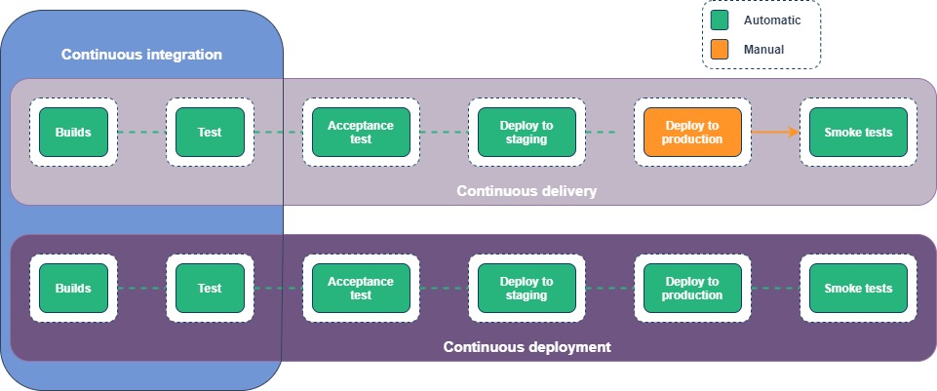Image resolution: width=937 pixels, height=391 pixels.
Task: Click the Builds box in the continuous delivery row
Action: point(73,132)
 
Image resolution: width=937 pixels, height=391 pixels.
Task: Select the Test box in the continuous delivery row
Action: point(210,132)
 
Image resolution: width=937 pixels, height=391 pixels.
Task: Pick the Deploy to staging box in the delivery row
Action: point(527,132)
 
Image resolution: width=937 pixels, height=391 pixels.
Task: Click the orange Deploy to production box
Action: point(692,132)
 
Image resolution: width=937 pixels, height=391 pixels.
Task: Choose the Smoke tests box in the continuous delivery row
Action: point(858,132)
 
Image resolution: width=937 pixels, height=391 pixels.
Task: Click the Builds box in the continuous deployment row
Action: point(73,288)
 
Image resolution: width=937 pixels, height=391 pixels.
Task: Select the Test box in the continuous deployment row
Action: point(210,288)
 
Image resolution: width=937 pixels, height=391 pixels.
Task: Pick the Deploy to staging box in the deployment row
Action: point(527,288)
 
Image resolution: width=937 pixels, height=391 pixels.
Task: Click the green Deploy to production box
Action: point(692,288)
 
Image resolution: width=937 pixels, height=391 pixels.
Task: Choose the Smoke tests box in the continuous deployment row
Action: point(858,288)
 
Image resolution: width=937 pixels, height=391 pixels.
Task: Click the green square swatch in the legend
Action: point(720,20)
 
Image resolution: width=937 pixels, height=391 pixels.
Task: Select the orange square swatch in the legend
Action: point(720,48)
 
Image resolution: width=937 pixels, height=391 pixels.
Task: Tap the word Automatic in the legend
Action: point(771,20)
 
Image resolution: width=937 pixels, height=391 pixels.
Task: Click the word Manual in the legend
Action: point(763,49)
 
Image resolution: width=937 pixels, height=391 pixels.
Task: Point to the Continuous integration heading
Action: point(141,55)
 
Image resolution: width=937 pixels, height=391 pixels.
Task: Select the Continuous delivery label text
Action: point(527,191)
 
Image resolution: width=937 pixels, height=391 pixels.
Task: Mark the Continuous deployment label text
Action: point(527,346)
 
